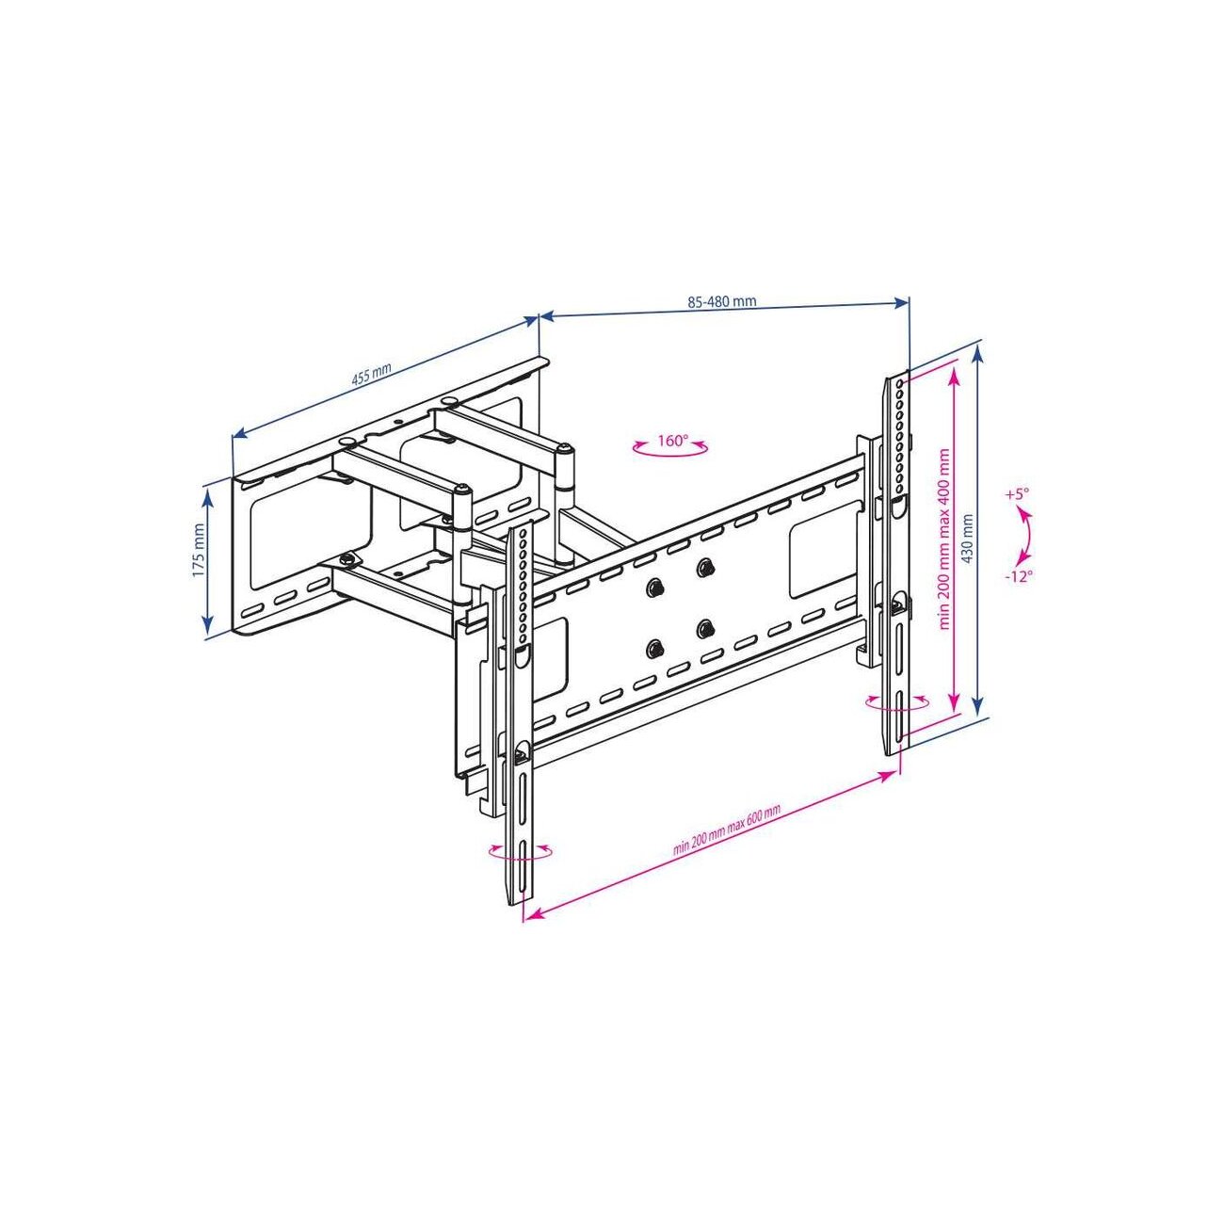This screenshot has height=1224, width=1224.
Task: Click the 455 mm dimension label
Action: pyautogui.click(x=372, y=376)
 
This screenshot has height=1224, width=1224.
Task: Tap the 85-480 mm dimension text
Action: pyautogui.click(x=722, y=301)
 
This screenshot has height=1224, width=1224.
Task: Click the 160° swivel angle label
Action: pyautogui.click(x=672, y=441)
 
